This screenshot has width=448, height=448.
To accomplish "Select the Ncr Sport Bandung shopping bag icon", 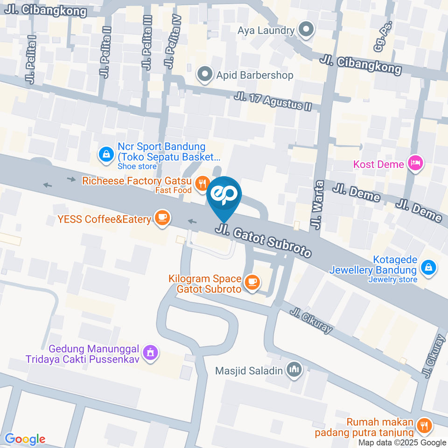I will pyautogui.click(x=106, y=154).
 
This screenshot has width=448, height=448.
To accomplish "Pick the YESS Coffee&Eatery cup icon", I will pyautogui.click(x=162, y=217).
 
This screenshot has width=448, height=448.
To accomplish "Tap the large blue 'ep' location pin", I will pyautogui.click(x=224, y=195).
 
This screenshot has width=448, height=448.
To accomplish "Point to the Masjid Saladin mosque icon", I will pyautogui.click(x=294, y=370).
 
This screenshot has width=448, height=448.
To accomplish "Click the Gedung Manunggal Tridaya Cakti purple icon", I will pyautogui.click(x=150, y=353).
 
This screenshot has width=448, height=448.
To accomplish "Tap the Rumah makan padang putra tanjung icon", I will pyautogui.click(x=424, y=425).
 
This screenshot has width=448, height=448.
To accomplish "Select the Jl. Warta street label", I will pyautogui.click(x=319, y=205).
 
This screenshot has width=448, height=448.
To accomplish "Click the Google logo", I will pyautogui.click(x=25, y=439).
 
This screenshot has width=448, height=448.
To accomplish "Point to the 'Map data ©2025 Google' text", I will pyautogui.click(x=402, y=442).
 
